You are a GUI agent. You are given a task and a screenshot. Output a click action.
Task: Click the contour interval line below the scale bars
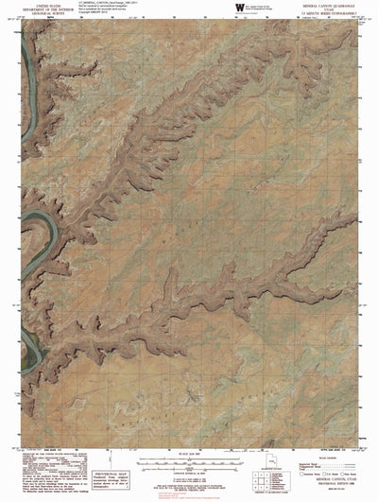pyautogui.click(x=188, y=474)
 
